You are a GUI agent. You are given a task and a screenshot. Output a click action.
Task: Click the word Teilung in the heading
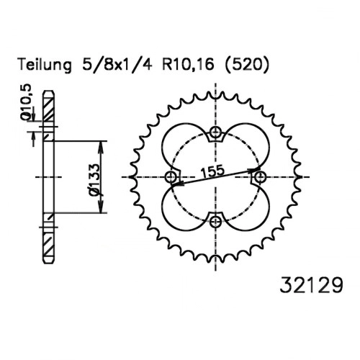(45, 65)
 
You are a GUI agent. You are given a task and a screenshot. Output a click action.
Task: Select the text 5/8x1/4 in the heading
(117, 64)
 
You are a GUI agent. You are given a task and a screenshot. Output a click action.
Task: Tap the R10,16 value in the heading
(188, 65)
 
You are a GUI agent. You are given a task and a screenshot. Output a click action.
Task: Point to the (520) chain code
(246, 65)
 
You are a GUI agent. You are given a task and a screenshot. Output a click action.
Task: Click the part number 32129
(311, 285)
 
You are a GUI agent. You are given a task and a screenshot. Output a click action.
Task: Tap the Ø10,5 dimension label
(27, 102)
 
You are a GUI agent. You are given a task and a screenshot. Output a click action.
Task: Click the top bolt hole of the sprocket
(215, 132)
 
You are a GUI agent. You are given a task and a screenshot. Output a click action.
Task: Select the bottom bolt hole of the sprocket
(215, 222)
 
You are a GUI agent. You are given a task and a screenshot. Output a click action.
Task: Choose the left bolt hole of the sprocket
(171, 177)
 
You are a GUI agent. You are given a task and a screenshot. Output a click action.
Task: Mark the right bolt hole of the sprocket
(260, 177)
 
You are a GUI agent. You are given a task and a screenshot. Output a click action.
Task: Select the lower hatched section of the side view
(49, 245)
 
